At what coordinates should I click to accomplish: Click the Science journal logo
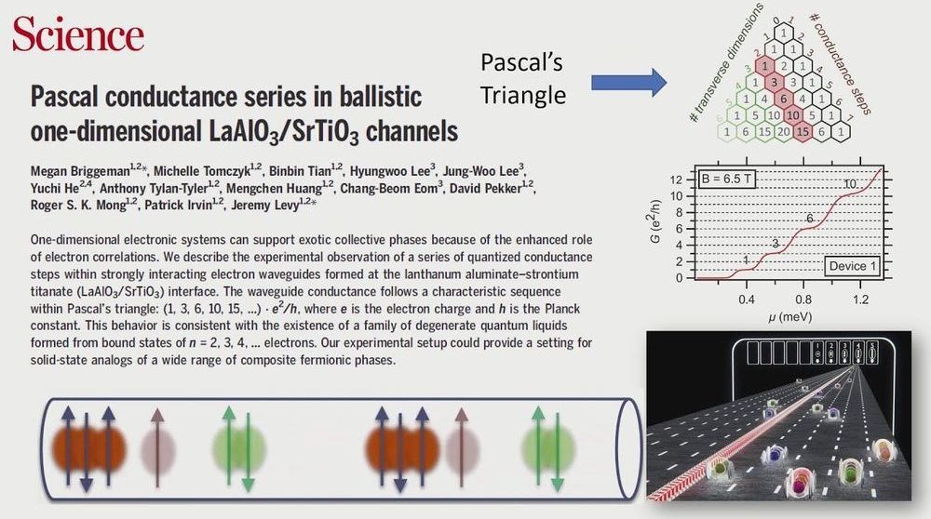(78, 33)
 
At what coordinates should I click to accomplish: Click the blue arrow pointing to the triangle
(628, 83)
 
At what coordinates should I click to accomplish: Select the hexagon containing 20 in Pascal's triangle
(784, 132)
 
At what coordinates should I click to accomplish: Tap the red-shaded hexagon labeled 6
(784, 99)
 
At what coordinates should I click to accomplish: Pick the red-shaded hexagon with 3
(775, 83)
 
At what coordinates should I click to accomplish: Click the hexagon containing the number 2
(784, 66)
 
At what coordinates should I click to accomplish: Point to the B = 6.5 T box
(726, 179)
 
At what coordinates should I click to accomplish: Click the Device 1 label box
(853, 266)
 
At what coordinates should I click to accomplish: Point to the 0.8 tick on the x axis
(803, 299)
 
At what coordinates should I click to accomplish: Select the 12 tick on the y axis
(676, 180)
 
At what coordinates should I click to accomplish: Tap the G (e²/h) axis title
(655, 221)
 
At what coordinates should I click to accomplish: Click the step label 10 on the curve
(850, 184)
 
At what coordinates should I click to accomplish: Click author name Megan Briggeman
(79, 171)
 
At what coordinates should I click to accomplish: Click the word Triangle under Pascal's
(523, 95)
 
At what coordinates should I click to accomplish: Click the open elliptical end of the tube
(628, 448)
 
